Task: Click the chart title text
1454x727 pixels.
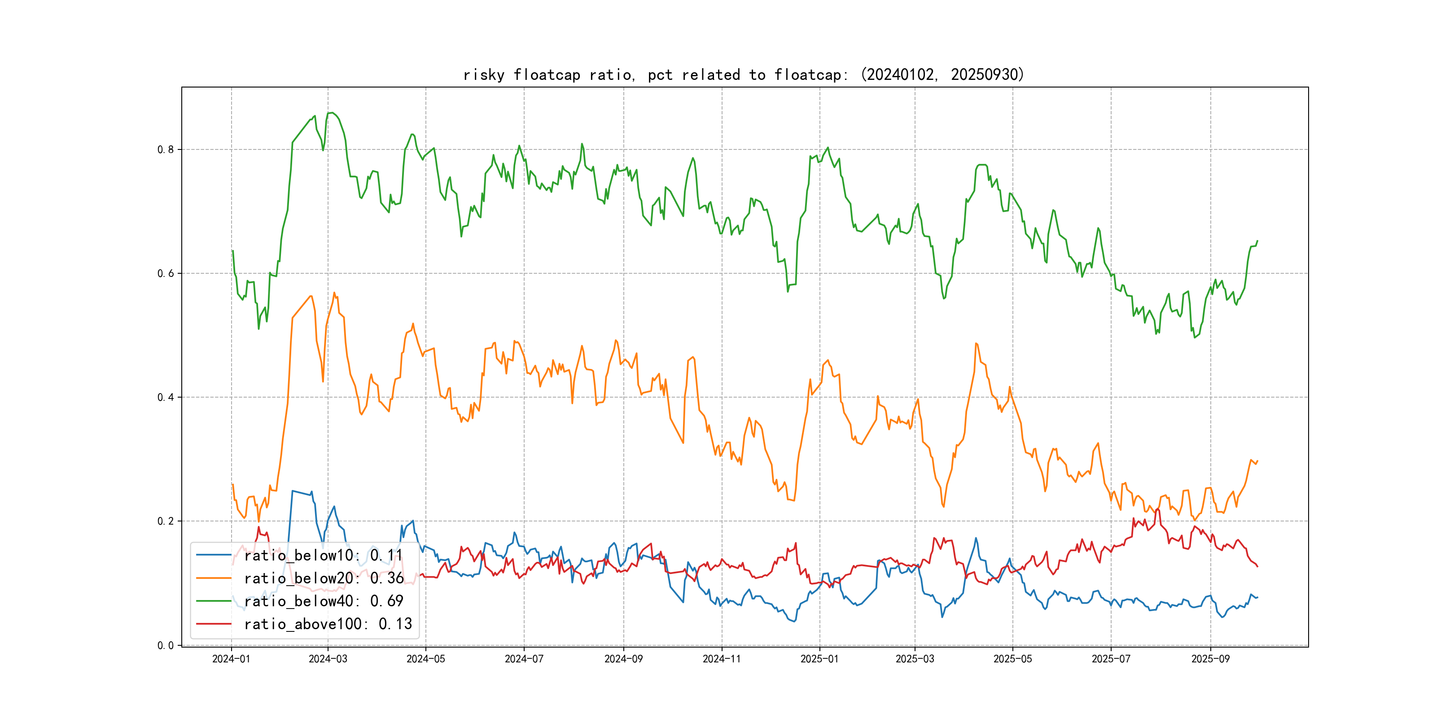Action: point(743,74)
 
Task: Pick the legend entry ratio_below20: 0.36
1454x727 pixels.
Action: point(324,578)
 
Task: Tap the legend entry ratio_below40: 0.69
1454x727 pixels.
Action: point(324,601)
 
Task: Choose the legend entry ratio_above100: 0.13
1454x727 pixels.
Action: point(328,624)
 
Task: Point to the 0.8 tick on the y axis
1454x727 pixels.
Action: point(166,149)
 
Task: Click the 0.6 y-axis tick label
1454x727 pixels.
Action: point(166,273)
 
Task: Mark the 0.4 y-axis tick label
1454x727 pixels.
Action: point(166,397)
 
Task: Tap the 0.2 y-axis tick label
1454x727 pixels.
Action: point(166,521)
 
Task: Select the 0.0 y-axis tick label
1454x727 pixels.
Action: point(166,645)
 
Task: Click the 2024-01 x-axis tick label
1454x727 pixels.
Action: point(231,659)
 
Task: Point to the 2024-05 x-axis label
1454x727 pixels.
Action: point(425,659)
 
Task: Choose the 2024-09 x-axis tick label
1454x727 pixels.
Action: point(623,659)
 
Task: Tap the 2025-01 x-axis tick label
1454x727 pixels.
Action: point(819,659)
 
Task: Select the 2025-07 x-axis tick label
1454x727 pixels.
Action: point(1111,659)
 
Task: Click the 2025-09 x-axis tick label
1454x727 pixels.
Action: point(1210,659)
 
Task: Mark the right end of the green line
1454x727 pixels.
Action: point(1257,241)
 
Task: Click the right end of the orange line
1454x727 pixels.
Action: point(1257,461)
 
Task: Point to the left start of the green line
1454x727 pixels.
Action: point(232,250)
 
